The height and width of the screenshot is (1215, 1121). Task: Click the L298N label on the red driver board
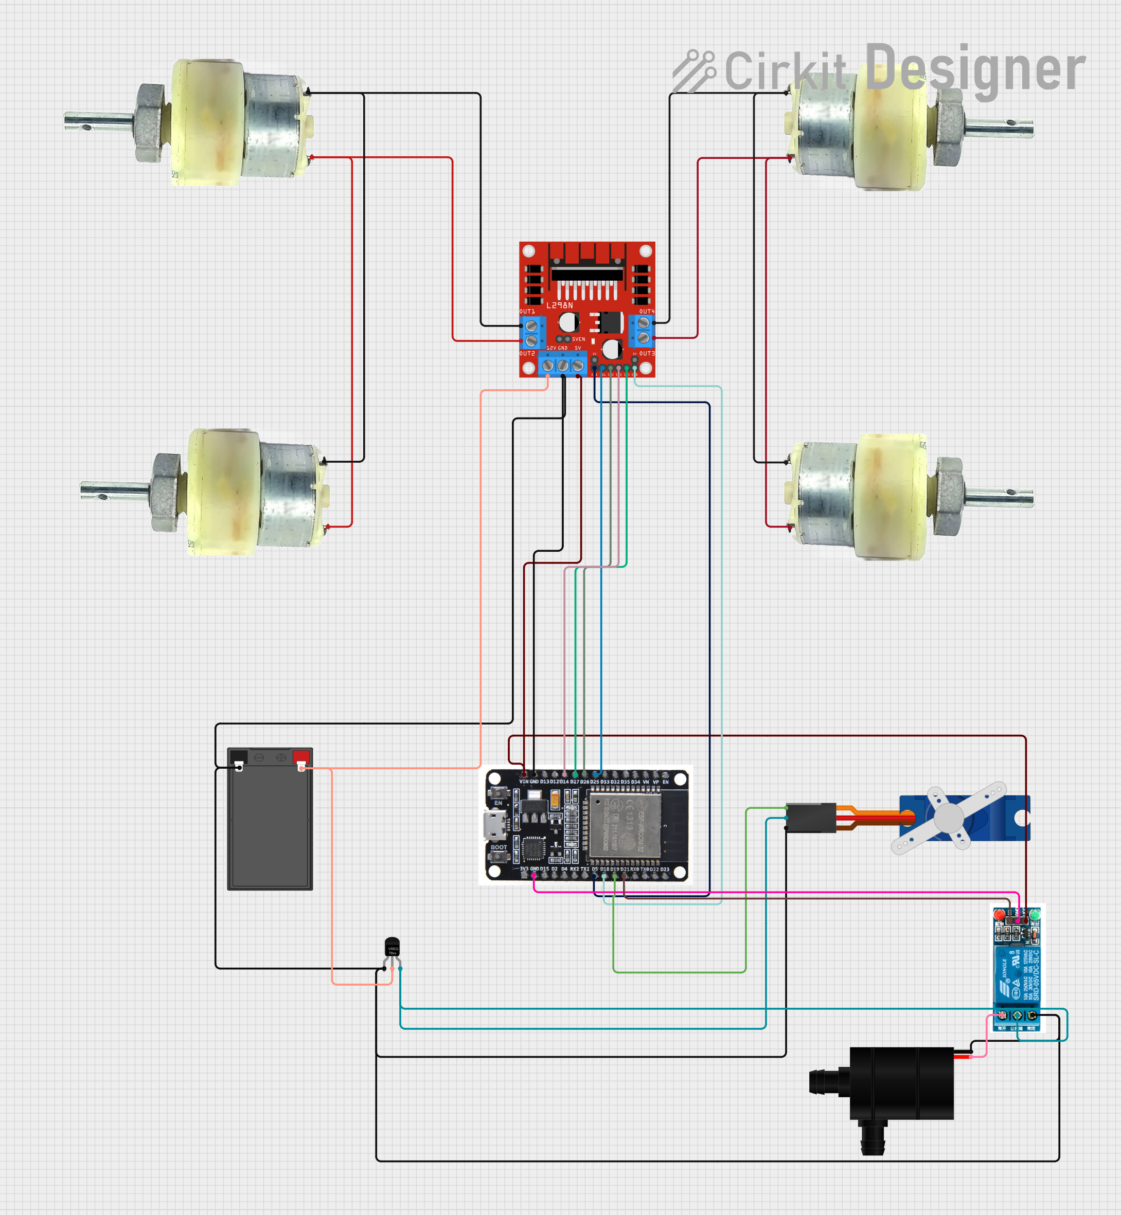pos(559,305)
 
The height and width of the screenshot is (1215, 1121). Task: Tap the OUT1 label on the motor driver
pos(527,312)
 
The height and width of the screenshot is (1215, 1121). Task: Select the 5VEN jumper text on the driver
pos(579,339)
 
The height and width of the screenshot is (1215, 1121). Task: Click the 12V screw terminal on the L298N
pos(548,366)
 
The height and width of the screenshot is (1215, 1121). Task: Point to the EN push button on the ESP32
pos(498,792)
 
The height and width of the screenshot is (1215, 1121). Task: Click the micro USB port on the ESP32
pos(493,825)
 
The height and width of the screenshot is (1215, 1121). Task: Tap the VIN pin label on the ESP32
pos(524,782)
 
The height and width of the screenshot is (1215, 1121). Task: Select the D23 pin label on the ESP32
pos(665,869)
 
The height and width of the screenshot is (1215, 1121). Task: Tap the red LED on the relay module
pos(999,914)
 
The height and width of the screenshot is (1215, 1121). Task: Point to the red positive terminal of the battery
pos(301,757)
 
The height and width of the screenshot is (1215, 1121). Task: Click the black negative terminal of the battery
pos(239,757)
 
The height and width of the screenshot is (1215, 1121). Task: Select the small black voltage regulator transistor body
pos(393,947)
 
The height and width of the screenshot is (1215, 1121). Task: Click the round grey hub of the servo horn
pos(949,818)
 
